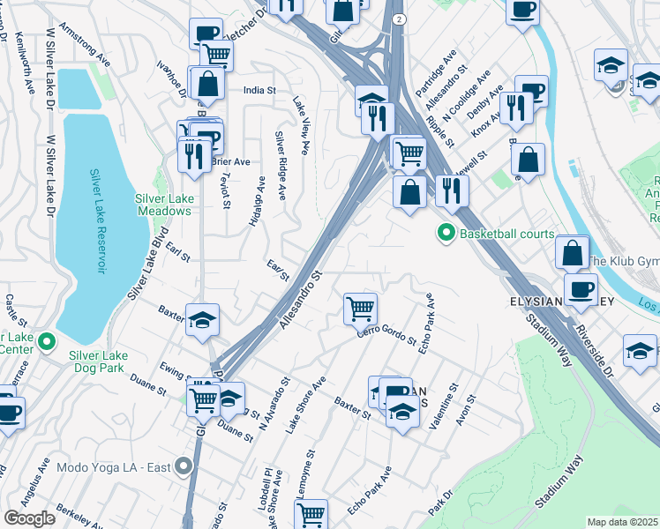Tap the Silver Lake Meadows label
(x=164, y=205)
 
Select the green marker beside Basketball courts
(x=446, y=234)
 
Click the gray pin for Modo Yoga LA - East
(x=184, y=466)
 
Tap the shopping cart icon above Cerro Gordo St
(x=360, y=309)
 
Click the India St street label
(x=260, y=90)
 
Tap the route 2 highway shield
(x=400, y=19)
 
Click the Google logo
(x=29, y=518)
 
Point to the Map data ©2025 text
(x=622, y=522)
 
